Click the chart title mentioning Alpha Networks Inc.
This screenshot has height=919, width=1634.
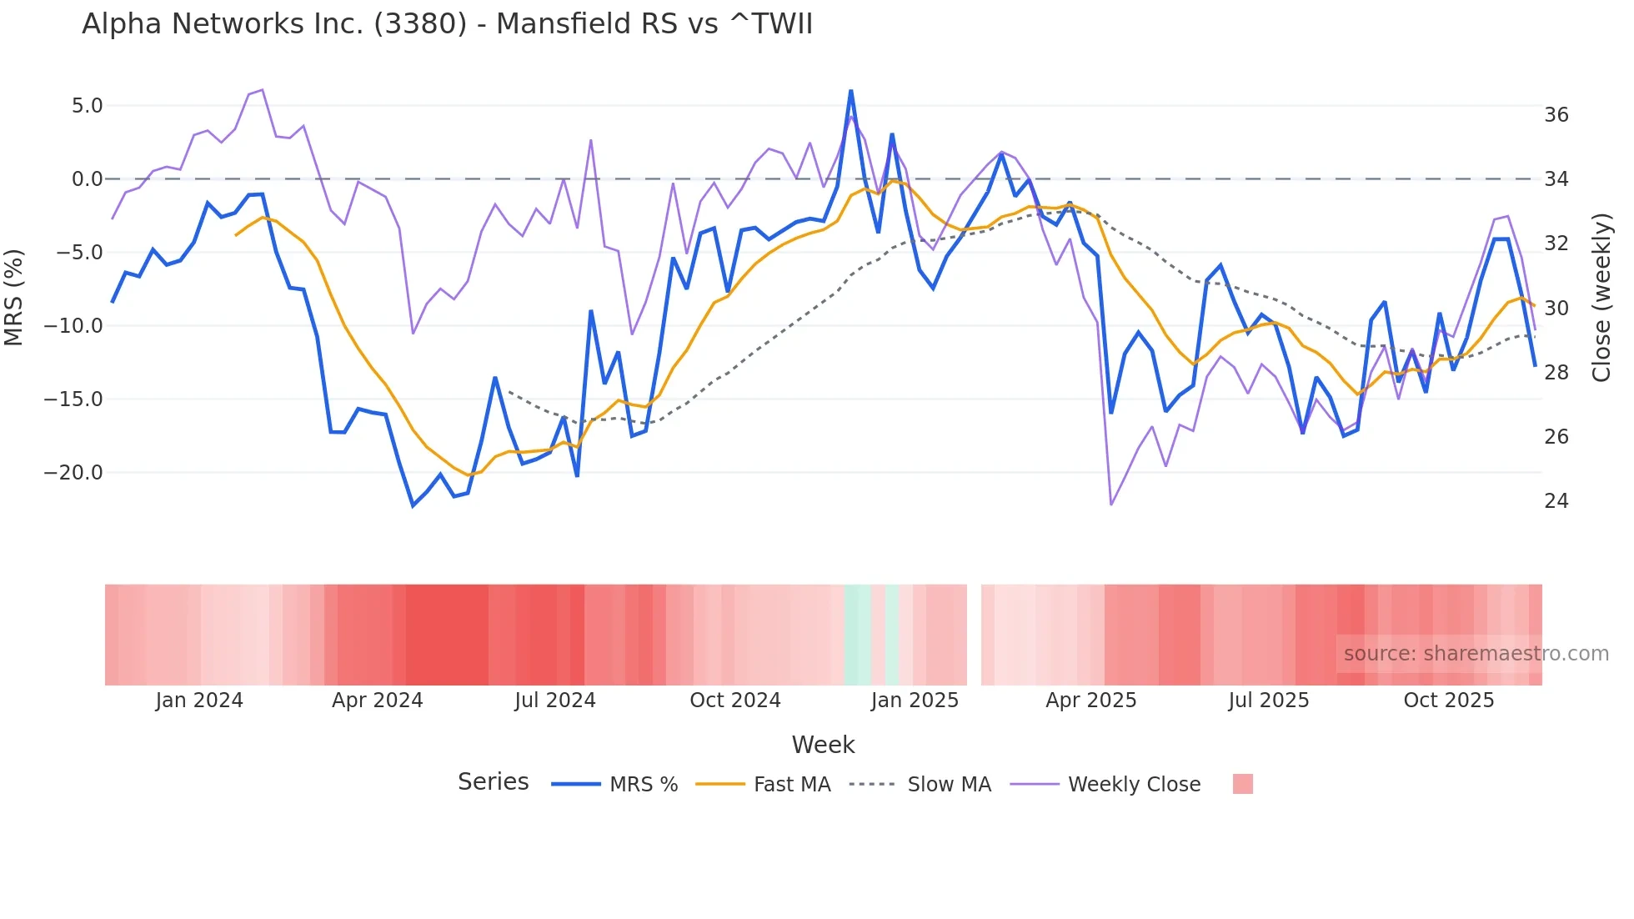(447, 24)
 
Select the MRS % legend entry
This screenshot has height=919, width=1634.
(643, 785)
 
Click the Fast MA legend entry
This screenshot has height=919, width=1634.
(791, 785)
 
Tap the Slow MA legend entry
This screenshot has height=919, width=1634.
(949, 785)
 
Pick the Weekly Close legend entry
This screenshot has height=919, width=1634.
(1134, 785)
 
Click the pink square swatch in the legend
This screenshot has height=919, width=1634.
(1242, 784)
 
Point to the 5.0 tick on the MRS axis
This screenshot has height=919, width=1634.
(87, 106)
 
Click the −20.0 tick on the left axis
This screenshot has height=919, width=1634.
(73, 473)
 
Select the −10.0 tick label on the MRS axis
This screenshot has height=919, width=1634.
(73, 326)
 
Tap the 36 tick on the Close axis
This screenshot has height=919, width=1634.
(1556, 115)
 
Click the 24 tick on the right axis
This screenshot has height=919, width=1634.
(1556, 501)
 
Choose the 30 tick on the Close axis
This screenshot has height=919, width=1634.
(1556, 309)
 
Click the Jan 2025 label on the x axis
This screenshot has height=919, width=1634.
(915, 701)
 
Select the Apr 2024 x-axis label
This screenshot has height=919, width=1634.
(377, 701)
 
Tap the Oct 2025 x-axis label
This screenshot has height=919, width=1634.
(1448, 701)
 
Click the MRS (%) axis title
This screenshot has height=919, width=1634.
(14, 297)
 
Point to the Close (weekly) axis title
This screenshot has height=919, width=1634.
(1601, 297)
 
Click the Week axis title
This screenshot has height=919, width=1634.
(823, 745)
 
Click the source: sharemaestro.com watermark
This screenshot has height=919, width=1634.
(1476, 654)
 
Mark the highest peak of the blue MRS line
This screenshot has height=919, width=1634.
(850, 90)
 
